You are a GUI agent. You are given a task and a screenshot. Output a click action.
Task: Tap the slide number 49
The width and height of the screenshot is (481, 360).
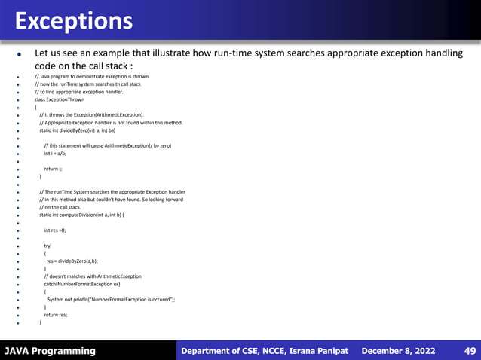469,351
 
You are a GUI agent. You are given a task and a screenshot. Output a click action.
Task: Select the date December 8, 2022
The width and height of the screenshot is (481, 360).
399,351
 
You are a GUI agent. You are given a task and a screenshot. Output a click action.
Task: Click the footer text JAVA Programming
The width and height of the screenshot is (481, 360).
50,351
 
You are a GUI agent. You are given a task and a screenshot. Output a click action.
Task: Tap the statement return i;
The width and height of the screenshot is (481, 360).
53,169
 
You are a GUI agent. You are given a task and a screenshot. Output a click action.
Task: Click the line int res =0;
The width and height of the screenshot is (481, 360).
54,230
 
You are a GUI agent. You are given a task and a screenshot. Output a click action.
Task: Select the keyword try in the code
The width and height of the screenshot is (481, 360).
47,246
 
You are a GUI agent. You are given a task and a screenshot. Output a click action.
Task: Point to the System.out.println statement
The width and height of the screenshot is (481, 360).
111,300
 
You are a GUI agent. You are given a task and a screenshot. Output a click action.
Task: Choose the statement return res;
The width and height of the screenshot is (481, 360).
55,315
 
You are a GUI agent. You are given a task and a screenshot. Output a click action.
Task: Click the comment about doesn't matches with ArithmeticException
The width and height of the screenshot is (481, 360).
92,276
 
